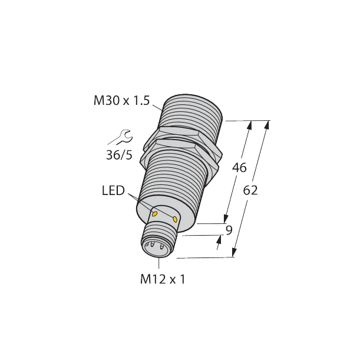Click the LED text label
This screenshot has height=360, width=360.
[113, 191]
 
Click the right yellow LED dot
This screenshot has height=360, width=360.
[175, 219]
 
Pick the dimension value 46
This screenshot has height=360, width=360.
[239, 167]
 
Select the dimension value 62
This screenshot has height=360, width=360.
[250, 191]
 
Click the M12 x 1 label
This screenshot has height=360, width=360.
[163, 280]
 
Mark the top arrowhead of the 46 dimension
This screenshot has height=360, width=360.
[251, 125]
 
